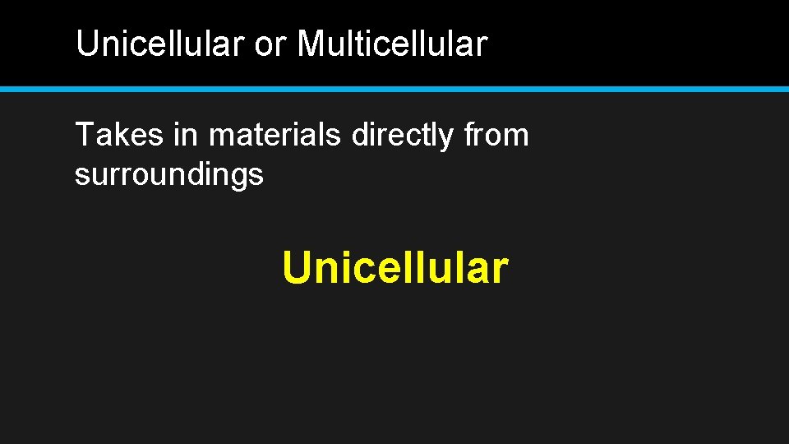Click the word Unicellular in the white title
coord(160,44)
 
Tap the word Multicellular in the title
coord(392,44)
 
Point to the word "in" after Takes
coord(185,135)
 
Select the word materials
coord(275,135)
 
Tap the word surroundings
coord(169,175)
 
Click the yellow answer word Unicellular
coord(395,268)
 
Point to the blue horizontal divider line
coord(394,89)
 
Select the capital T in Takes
coord(83,135)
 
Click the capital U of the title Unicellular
coord(85,44)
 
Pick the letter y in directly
coord(446,138)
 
